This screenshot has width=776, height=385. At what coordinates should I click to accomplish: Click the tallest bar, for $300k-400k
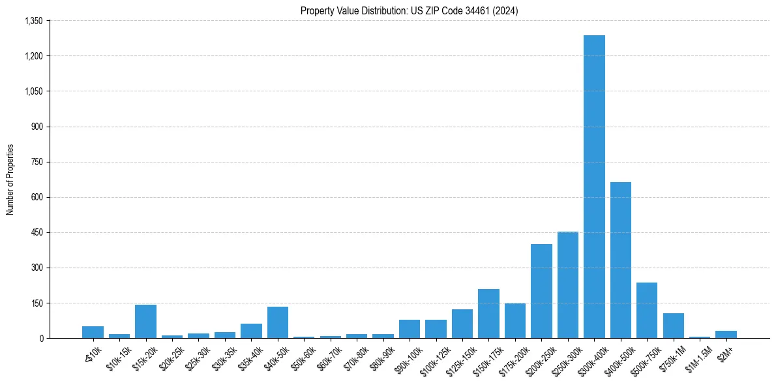pyautogui.click(x=594, y=187)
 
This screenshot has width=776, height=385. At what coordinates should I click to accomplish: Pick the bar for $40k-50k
pyautogui.click(x=278, y=322)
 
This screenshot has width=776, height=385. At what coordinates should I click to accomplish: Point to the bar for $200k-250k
pyautogui.click(x=541, y=291)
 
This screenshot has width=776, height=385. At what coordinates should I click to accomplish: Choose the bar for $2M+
pyautogui.click(x=726, y=334)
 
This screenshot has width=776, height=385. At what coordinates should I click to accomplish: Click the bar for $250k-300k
pyautogui.click(x=567, y=285)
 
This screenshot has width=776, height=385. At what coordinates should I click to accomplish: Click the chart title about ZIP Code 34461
pyautogui.click(x=409, y=10)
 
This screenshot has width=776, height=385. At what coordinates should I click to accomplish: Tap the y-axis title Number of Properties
pyautogui.click(x=10, y=179)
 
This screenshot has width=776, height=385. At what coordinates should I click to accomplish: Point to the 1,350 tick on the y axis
pyautogui.click(x=33, y=21)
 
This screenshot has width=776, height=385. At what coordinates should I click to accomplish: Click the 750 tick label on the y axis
pyautogui.click(x=37, y=162)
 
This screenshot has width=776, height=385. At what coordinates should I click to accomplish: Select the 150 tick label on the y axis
pyautogui.click(x=37, y=303)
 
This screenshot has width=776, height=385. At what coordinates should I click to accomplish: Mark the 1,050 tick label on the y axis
pyautogui.click(x=33, y=91)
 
